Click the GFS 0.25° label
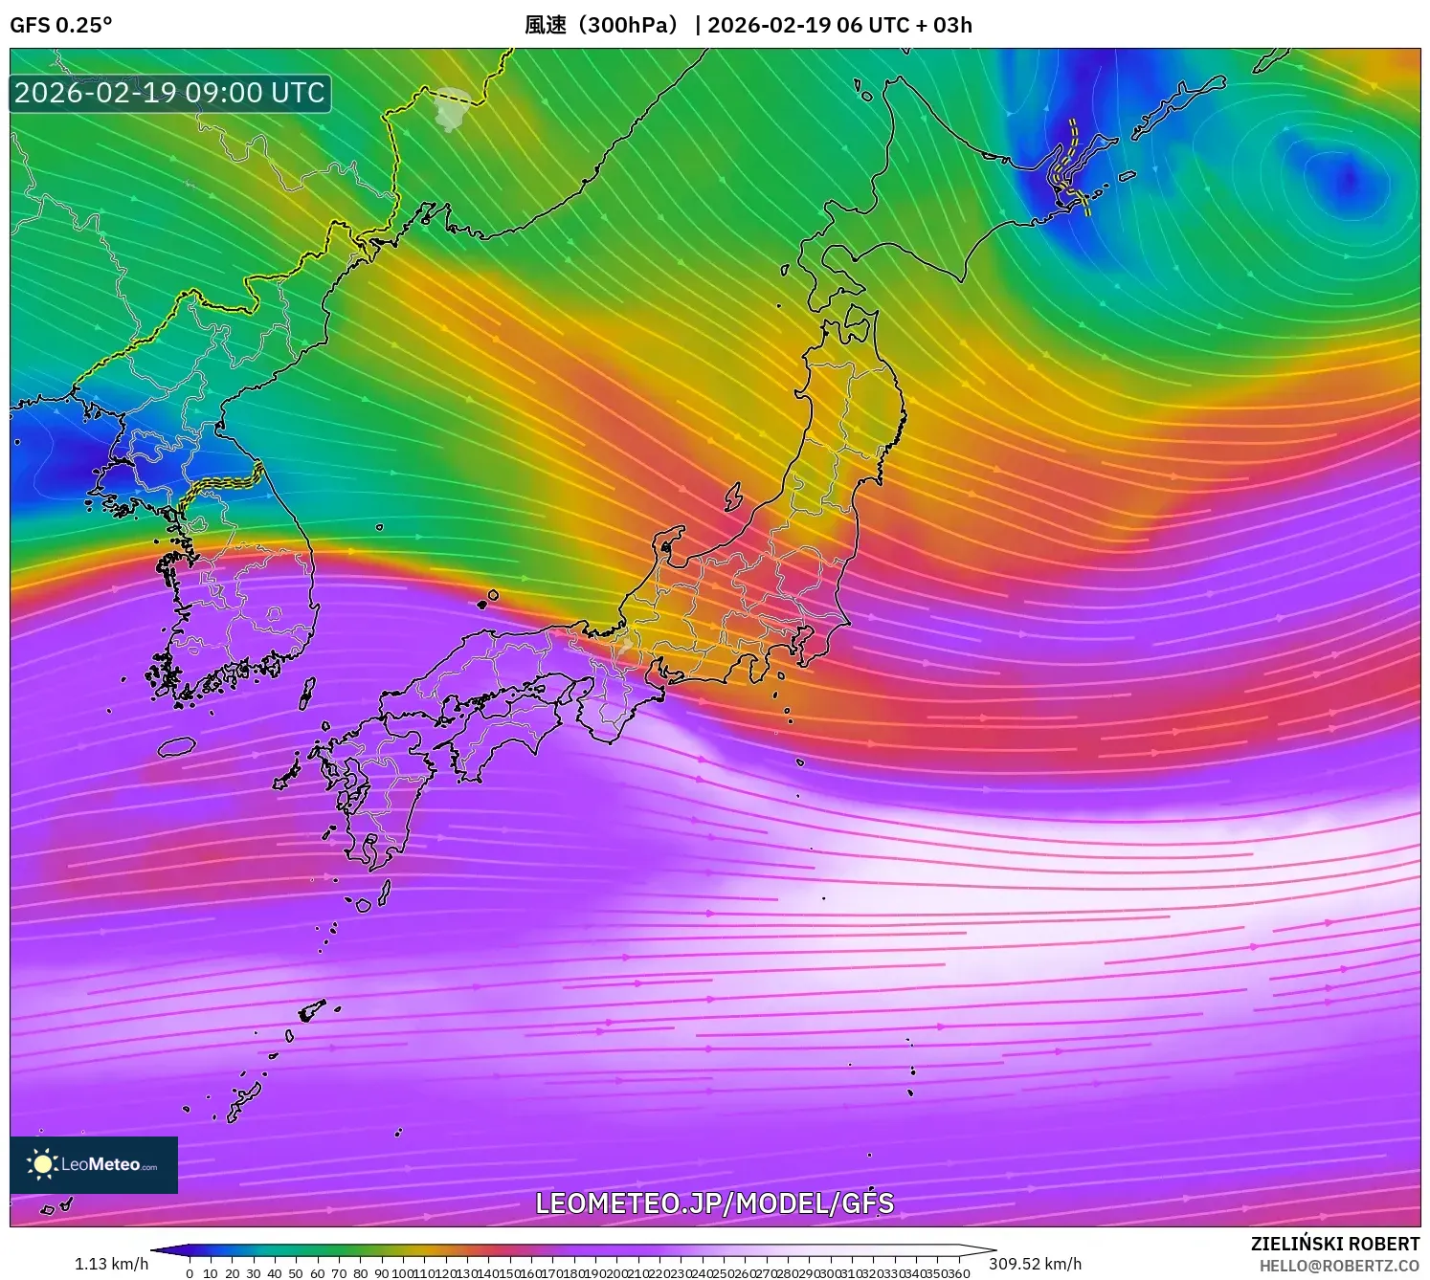click(60, 25)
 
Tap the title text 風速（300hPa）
click(601, 25)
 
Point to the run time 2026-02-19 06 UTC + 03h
click(839, 25)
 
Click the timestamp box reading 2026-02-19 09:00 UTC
click(169, 93)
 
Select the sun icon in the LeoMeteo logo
click(41, 1164)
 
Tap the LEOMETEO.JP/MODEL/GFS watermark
click(714, 1203)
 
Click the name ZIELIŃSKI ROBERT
click(1335, 1244)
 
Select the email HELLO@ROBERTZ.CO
click(1339, 1266)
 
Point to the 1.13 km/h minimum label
click(111, 1264)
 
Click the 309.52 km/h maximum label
click(1035, 1264)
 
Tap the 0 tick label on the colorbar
click(190, 1273)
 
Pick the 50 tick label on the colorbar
click(296, 1273)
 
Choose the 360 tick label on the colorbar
click(960, 1273)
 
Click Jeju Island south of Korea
click(176, 746)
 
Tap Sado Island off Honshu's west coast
click(733, 497)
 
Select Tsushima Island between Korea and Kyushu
click(307, 693)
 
